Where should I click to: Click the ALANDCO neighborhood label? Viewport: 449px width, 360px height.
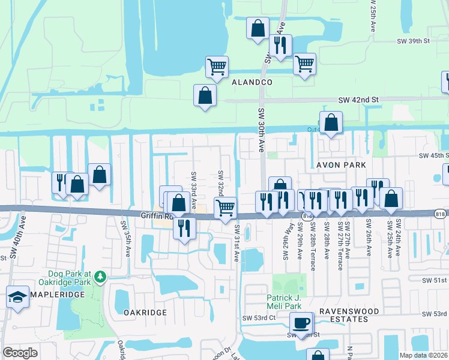[x=252, y=82]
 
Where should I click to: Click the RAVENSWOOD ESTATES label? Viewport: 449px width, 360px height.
[x=343, y=315]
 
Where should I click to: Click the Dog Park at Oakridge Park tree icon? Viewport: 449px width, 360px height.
[x=101, y=277]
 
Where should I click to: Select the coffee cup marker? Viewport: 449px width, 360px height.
[x=301, y=322]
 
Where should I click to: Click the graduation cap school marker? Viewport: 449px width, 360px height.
[x=17, y=296]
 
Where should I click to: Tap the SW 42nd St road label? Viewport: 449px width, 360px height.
[x=358, y=100]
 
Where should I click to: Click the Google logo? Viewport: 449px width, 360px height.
[x=20, y=352]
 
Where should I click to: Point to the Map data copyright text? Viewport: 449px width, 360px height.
[x=424, y=355]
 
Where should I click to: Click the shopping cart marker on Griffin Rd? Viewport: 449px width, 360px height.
[x=224, y=208]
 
